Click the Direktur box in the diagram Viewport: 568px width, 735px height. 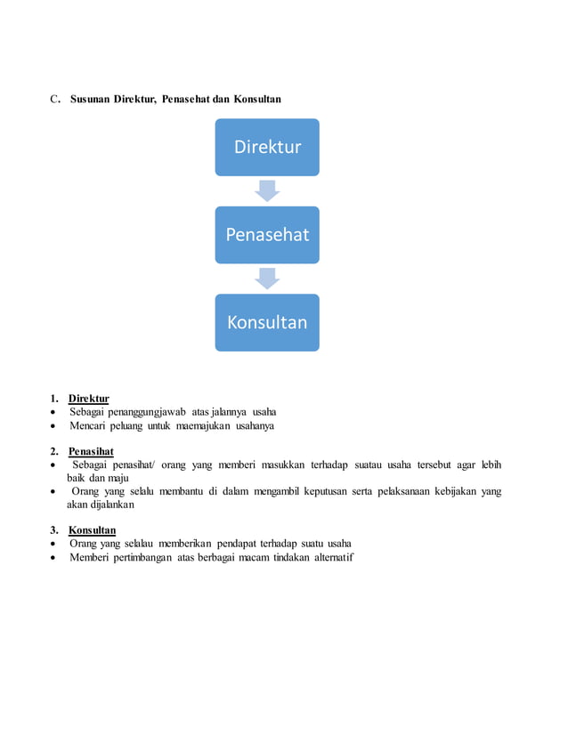point(267,147)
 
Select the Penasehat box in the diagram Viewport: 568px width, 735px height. point(267,235)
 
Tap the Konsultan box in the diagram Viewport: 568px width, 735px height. point(267,322)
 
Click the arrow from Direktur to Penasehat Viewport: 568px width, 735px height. point(267,190)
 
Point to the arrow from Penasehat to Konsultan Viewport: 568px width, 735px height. point(267,279)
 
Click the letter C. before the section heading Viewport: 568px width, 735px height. point(54,99)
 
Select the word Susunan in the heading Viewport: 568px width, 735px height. point(90,99)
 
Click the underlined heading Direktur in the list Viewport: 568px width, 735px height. point(88,398)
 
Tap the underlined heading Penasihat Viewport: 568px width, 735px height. point(91,451)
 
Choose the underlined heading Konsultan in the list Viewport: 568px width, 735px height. point(92,529)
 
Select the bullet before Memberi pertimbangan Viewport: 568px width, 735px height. point(55,558)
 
